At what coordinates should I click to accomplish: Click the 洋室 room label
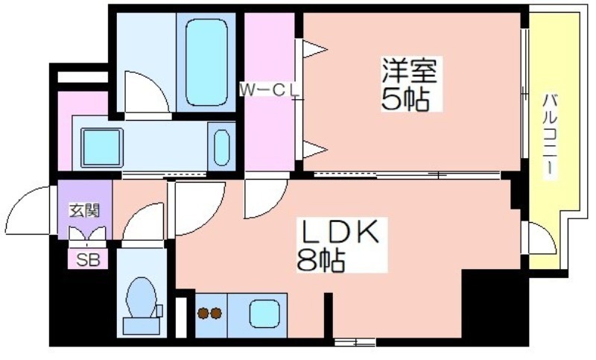click(x=409, y=71)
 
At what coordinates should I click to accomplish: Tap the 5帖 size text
click(x=405, y=99)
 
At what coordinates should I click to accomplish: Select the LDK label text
click(x=340, y=232)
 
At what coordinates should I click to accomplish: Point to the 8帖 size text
click(x=321, y=260)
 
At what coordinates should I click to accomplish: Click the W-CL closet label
click(x=269, y=90)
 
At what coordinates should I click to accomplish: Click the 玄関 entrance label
click(x=84, y=210)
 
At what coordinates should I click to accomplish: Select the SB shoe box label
click(x=88, y=260)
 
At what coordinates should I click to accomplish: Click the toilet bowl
click(x=142, y=297)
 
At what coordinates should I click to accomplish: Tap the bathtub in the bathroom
click(x=207, y=63)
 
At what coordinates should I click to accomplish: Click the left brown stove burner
click(x=203, y=313)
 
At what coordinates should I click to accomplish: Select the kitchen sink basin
click(x=264, y=314)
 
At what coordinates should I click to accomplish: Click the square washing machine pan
click(x=102, y=147)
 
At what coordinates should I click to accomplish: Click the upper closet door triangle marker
click(x=314, y=49)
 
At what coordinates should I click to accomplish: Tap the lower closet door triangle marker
click(x=314, y=149)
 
